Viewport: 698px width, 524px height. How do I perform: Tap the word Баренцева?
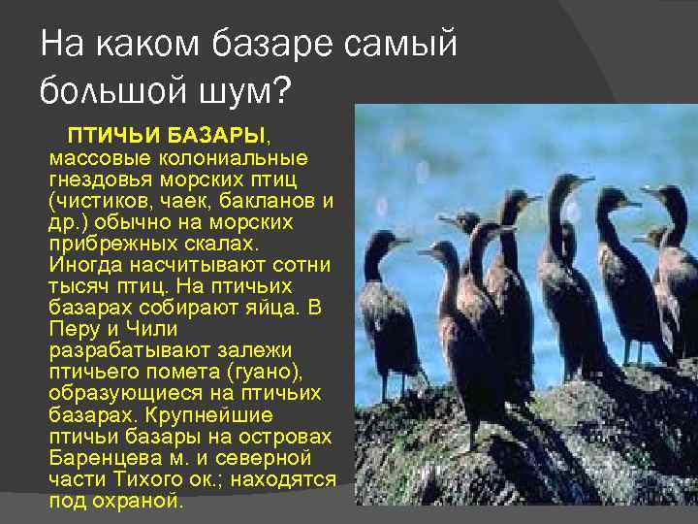(106, 457)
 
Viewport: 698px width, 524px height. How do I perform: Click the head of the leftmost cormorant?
(376, 240)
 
